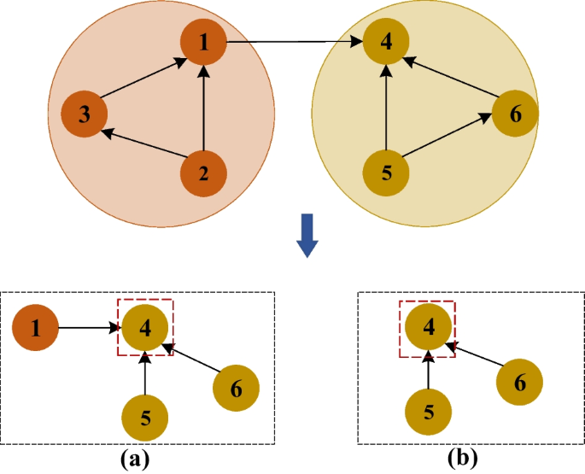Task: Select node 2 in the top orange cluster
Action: click(203, 173)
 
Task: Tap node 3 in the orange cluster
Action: click(85, 114)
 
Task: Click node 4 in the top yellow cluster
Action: click(387, 43)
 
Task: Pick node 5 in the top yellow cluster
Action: click(386, 173)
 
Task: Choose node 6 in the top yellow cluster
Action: click(515, 114)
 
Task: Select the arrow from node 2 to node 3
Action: click(143, 143)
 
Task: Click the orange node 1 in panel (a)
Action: click(36, 327)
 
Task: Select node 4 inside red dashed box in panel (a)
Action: click(145, 327)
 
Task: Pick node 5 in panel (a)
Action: click(145, 418)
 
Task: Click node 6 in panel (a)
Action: click(236, 389)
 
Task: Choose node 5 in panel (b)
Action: click(429, 411)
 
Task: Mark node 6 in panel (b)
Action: click(518, 383)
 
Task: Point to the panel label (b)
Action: click(463, 459)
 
